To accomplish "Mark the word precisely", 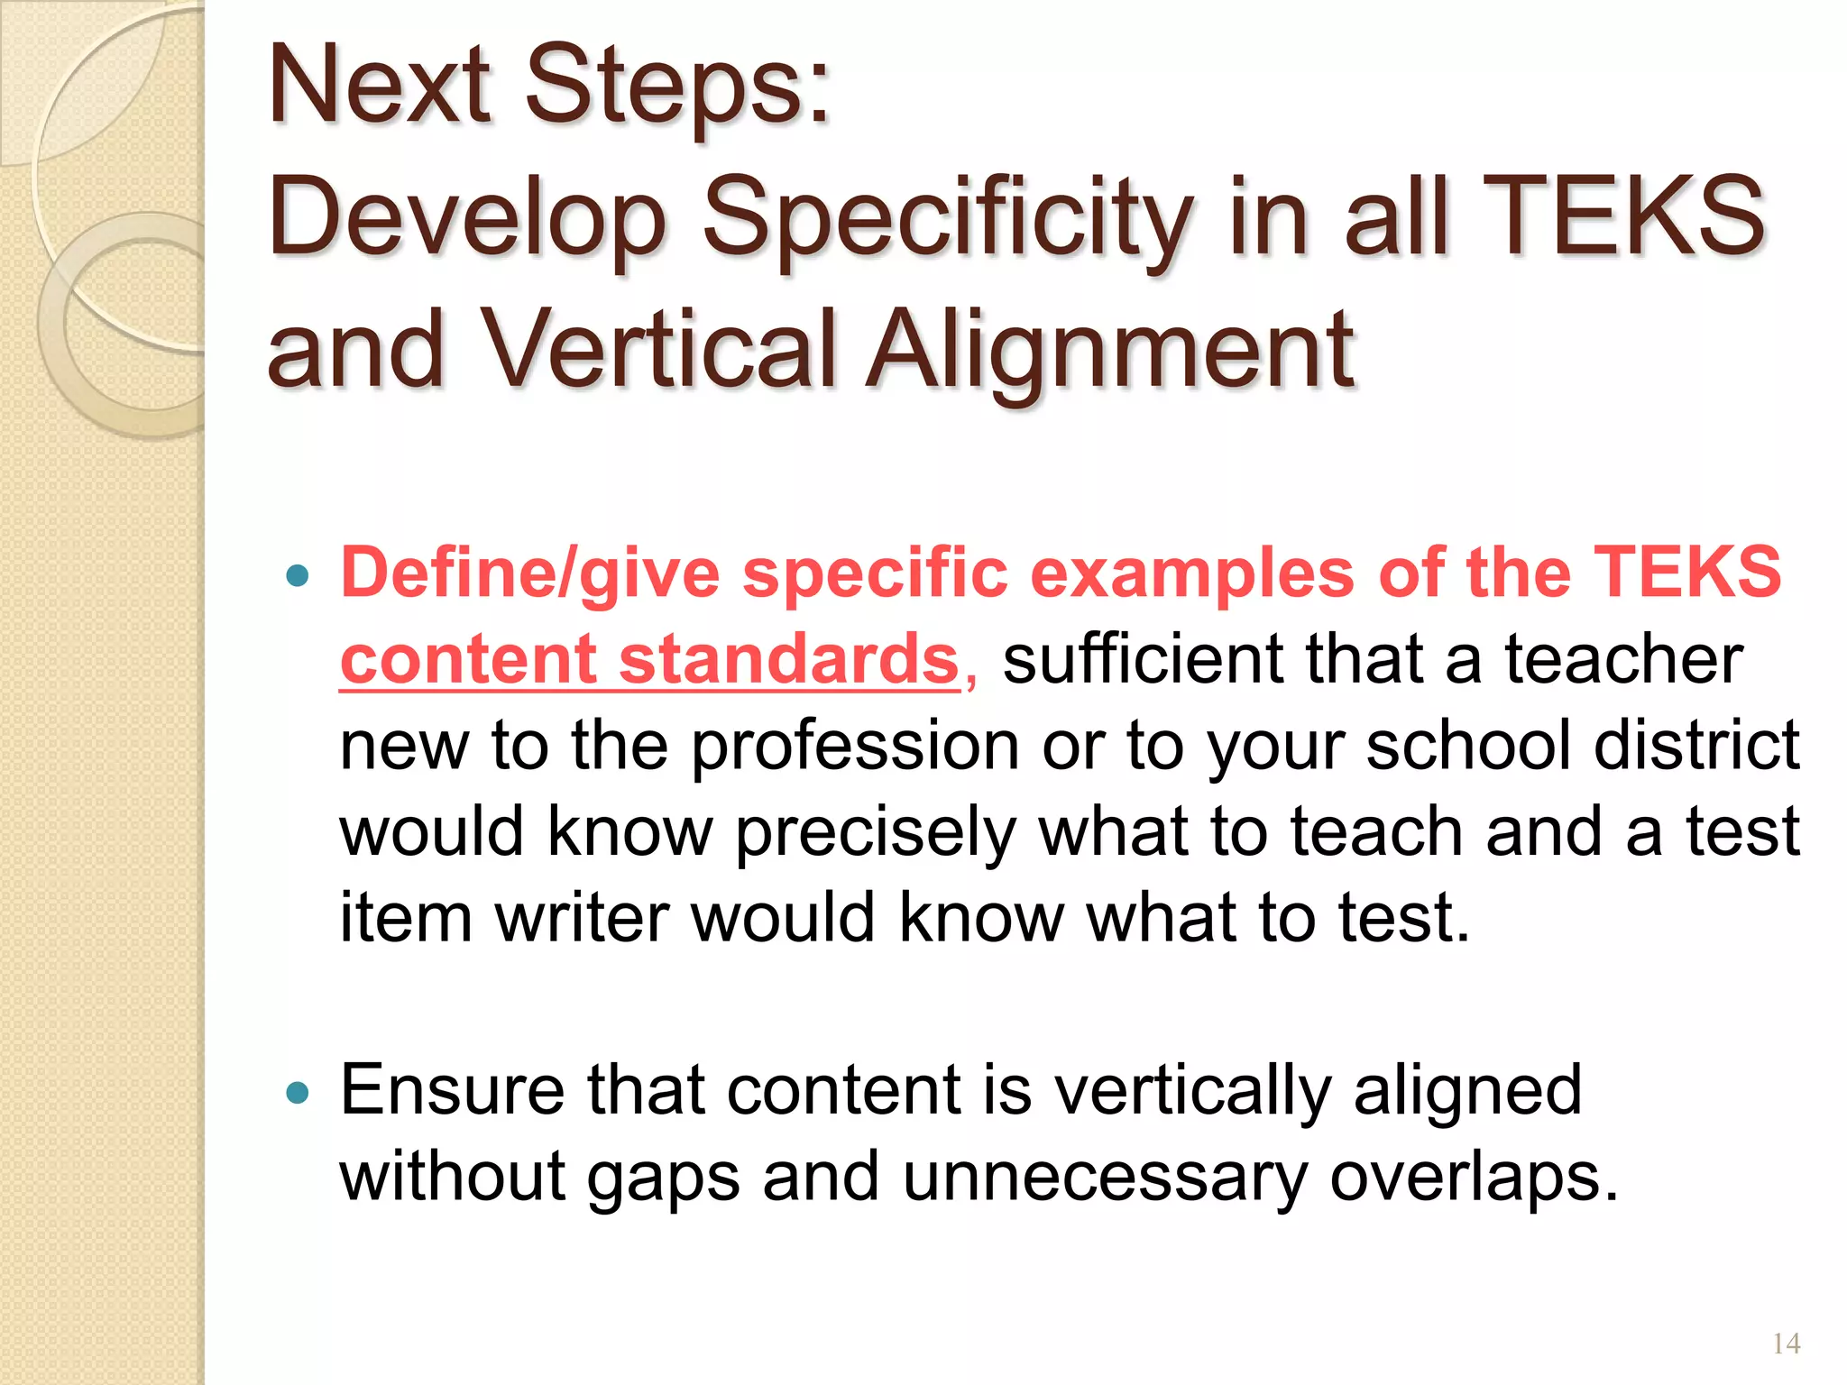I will (876, 832).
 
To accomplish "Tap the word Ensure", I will (452, 1090).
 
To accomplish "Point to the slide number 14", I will (1786, 1344).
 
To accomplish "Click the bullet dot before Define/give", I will (297, 575).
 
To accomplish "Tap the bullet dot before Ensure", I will (297, 1094).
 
